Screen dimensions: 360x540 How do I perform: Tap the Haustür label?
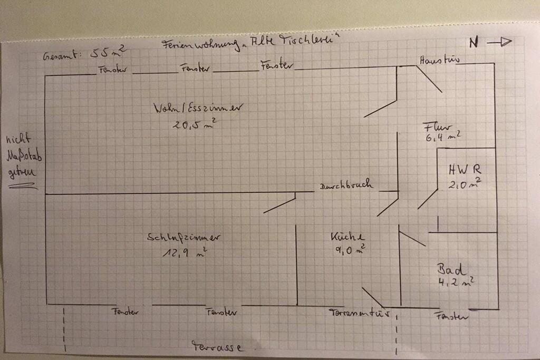point(439,60)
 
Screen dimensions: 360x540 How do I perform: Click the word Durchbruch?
point(346,185)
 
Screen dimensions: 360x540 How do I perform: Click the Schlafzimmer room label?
point(184,238)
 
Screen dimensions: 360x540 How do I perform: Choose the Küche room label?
point(347,237)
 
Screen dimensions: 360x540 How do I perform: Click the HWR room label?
point(465,170)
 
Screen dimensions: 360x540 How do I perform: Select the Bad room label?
point(452,270)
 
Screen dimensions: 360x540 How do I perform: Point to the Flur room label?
point(437,127)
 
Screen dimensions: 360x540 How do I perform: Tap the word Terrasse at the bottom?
point(217,347)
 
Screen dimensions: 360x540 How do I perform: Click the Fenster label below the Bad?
point(451,317)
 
